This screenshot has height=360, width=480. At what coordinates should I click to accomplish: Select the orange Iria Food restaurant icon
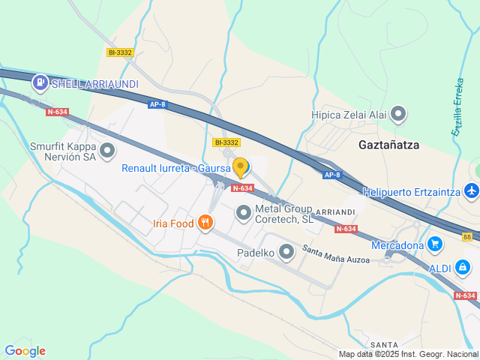point(205,223)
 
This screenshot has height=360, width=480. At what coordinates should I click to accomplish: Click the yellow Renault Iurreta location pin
point(240,166)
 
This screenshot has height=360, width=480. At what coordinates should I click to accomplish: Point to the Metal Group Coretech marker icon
point(243,214)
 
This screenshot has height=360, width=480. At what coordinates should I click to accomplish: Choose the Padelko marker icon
point(286,253)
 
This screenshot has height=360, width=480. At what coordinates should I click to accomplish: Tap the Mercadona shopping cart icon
point(436,244)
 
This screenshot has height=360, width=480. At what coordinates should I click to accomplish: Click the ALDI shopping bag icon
point(463,266)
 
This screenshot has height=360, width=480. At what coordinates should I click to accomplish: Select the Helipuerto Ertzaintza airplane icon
point(471,192)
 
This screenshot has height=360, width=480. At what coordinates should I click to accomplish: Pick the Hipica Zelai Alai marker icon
point(398,115)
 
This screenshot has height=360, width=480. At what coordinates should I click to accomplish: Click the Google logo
point(25,350)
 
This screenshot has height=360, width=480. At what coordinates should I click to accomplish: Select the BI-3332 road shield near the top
point(120,52)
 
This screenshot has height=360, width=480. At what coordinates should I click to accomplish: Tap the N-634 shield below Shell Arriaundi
point(57,112)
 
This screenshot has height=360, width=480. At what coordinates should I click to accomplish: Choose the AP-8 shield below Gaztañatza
point(331,175)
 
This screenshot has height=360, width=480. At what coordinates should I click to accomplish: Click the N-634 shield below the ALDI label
point(465,295)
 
